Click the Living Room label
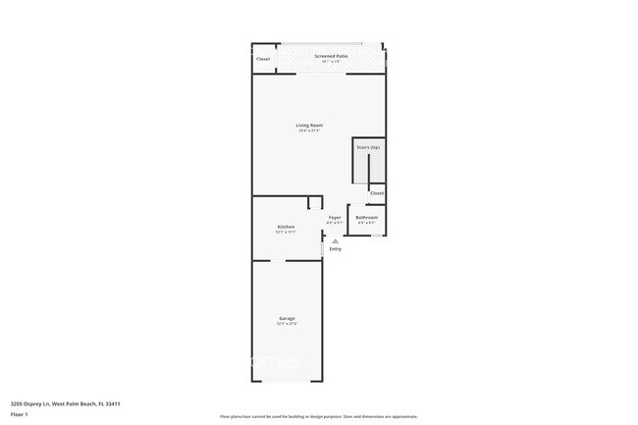pyautogui.click(x=310, y=125)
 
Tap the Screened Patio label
pyautogui.click(x=331, y=56)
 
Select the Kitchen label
pyautogui.click(x=286, y=227)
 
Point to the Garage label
pyautogui.click(x=287, y=318)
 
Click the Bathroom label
pyautogui.click(x=367, y=217)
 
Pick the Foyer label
pyautogui.click(x=335, y=217)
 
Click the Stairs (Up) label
pyautogui.click(x=368, y=146)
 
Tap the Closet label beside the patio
pyautogui.click(x=263, y=59)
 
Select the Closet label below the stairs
pyautogui.click(x=377, y=193)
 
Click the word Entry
pyautogui.click(x=336, y=248)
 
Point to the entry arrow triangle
pyautogui.click(x=335, y=240)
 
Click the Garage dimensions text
pyautogui.click(x=287, y=324)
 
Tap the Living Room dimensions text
pyautogui.click(x=310, y=131)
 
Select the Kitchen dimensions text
pyautogui.click(x=286, y=233)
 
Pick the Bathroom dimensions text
pyautogui.click(x=366, y=223)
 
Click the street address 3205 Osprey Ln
pyautogui.click(x=65, y=402)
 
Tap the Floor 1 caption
pyautogui.click(x=20, y=414)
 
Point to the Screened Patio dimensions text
pyautogui.click(x=331, y=62)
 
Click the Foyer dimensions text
pyautogui.click(x=335, y=223)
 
